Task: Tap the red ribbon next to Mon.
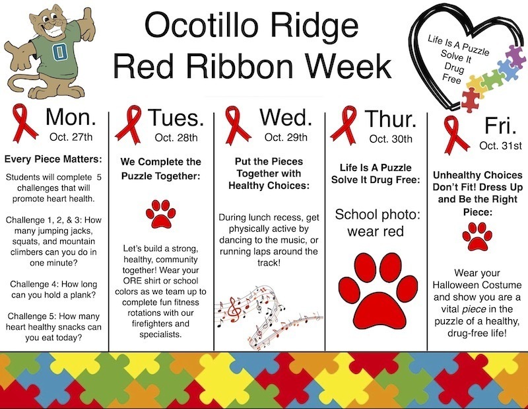(23, 122)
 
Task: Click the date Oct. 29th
(285, 137)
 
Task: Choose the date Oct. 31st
(500, 145)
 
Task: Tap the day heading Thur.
(391, 119)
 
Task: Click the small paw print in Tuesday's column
(159, 213)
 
